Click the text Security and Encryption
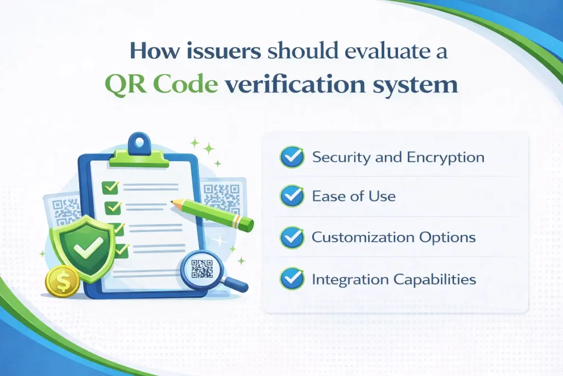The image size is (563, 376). click(x=398, y=157)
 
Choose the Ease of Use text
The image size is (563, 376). click(x=354, y=196)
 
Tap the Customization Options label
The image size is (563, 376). click(x=394, y=238)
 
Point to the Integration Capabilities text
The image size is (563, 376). click(x=394, y=280)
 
